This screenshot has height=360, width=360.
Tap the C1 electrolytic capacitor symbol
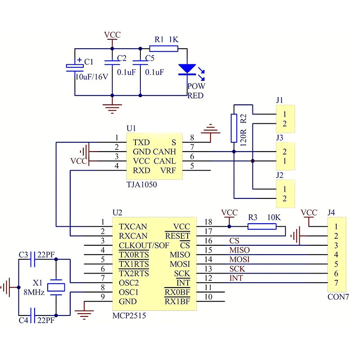[75, 67]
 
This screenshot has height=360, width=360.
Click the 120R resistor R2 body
[234, 128]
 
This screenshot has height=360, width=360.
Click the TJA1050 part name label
[142, 184]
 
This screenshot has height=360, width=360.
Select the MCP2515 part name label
[129, 316]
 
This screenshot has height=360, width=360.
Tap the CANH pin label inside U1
[164, 152]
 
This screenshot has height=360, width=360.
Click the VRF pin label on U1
[168, 171]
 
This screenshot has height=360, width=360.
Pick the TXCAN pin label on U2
[133, 226]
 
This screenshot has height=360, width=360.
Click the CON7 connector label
[338, 297]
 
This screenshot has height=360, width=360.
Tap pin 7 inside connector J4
[335, 283]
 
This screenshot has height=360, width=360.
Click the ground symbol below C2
[112, 107]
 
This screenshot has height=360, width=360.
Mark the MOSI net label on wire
[239, 260]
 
